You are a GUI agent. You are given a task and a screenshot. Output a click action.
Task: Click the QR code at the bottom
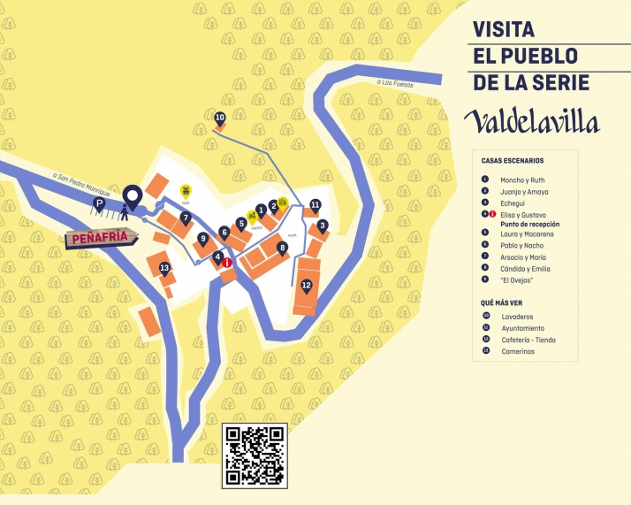(255, 455)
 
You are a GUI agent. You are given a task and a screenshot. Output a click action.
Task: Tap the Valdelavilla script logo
(533, 120)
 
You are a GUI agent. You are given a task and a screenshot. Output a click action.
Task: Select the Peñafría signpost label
(104, 237)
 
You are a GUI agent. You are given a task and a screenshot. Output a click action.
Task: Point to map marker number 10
(220, 118)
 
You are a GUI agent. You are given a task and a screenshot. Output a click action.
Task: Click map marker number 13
(164, 268)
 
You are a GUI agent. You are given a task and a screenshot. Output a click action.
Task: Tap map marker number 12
(307, 285)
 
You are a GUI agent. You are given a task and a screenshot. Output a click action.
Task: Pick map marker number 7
(186, 217)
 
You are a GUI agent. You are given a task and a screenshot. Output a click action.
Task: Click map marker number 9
(203, 238)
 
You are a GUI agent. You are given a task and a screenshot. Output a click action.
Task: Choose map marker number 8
(282, 248)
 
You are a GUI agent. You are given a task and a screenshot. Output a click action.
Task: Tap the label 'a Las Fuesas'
(397, 83)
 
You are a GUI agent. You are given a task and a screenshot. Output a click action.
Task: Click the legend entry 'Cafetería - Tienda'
(528, 340)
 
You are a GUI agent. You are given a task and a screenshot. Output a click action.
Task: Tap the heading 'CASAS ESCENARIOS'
(513, 161)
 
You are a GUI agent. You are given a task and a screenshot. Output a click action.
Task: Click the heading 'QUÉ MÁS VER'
(501, 302)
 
